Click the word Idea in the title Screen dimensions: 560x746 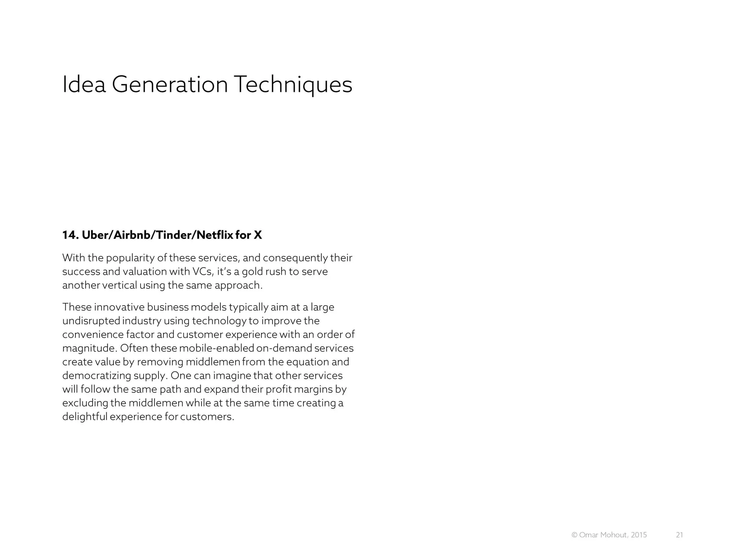tap(84, 85)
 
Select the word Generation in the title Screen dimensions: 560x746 tap(170, 85)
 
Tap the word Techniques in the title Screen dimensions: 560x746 tap(293, 85)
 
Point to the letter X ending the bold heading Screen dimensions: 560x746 tap(258, 235)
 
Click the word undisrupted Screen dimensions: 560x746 tap(91, 321)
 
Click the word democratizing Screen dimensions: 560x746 tap(97, 376)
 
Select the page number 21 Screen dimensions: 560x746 tap(679, 535)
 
